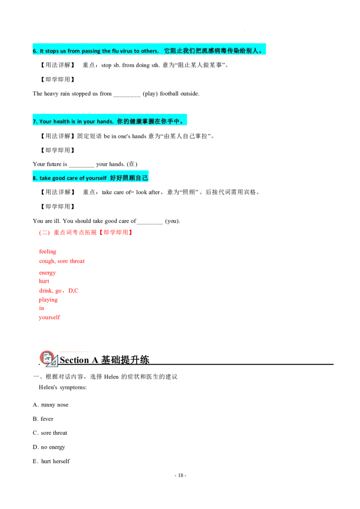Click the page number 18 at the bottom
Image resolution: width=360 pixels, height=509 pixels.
click(x=180, y=475)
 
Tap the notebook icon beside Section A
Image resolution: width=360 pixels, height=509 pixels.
click(x=49, y=359)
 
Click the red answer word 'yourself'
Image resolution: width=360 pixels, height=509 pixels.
click(x=49, y=317)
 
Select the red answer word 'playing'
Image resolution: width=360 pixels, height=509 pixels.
click(x=48, y=299)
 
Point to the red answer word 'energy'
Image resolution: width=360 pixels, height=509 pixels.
click(x=47, y=272)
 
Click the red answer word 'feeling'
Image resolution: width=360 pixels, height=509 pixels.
click(x=47, y=252)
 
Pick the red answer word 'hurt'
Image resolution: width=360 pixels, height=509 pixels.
click(x=44, y=281)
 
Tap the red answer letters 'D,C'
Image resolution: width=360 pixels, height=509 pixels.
click(x=73, y=290)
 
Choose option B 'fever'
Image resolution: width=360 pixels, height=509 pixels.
click(x=43, y=419)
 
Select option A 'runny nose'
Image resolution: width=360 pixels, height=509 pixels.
click(x=50, y=405)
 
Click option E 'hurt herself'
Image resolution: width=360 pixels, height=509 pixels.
click(x=51, y=461)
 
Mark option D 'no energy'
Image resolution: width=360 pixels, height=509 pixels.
click(x=49, y=447)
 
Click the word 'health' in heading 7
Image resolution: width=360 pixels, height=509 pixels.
click(x=61, y=121)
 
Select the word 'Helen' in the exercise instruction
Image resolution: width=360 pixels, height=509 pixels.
click(x=112, y=377)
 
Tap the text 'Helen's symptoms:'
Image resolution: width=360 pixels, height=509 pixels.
click(x=63, y=387)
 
